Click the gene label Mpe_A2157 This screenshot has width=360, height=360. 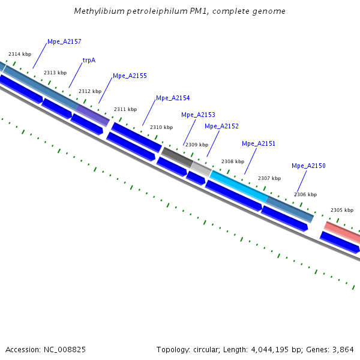[x=64, y=42]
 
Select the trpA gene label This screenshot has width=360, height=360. [x=89, y=60]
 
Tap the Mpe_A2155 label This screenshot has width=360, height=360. [x=130, y=76]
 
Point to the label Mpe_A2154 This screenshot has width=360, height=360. [x=173, y=98]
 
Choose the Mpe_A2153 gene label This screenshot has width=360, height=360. [x=198, y=115]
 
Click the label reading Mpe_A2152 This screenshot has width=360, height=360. [x=221, y=127]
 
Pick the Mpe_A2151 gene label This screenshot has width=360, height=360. [x=259, y=144]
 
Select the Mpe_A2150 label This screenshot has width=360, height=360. [x=308, y=166]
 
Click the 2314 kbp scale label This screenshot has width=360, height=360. [x=20, y=55]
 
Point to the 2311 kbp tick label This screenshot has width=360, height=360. [x=125, y=109]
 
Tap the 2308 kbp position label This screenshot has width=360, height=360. [x=233, y=161]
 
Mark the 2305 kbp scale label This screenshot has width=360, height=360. [x=342, y=211]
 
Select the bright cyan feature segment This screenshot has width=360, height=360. [x=238, y=185]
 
